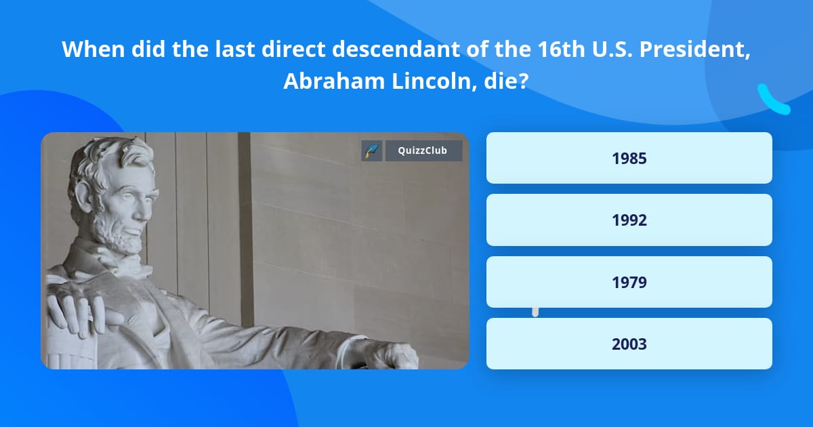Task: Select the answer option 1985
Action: pos(629,158)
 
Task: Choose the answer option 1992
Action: pos(629,220)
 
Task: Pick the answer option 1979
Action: pos(629,282)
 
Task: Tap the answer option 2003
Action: pos(629,344)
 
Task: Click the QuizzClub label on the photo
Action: pos(423,150)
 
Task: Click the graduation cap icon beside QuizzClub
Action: pos(372,150)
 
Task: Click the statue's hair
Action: pos(102,163)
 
